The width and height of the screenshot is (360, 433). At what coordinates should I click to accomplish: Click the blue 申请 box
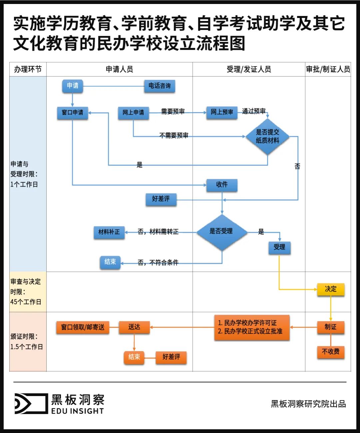point(72,86)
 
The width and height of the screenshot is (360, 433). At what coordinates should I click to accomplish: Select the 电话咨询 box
point(159,86)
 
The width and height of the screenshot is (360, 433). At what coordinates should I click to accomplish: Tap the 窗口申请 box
point(72,113)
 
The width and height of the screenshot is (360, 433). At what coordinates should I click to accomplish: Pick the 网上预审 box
point(222,113)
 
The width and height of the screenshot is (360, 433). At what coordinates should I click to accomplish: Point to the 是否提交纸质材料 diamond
point(267,137)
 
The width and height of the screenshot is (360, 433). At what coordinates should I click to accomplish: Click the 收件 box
point(222,185)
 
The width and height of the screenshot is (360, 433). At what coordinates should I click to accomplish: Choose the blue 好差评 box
point(161,199)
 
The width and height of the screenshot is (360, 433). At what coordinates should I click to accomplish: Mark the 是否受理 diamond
point(222,231)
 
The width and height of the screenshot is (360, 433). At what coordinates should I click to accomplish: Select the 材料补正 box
point(109,232)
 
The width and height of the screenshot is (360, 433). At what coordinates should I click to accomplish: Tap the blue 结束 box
point(110,262)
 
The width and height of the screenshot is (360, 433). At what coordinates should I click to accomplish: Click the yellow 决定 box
point(330,289)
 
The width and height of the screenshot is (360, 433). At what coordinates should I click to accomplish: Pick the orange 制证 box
point(330,327)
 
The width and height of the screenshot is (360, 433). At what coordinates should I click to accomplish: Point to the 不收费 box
point(330,352)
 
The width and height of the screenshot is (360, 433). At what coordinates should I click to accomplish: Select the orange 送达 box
point(134,327)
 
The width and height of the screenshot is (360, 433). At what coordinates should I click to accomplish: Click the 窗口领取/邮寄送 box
point(83,327)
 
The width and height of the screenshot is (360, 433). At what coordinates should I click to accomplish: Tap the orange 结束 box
point(134,357)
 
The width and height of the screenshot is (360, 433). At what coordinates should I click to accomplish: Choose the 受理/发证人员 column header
point(249,69)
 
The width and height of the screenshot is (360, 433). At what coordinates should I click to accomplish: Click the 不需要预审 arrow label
point(174,136)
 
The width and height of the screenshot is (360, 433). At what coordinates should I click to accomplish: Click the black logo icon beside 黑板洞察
point(31,404)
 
